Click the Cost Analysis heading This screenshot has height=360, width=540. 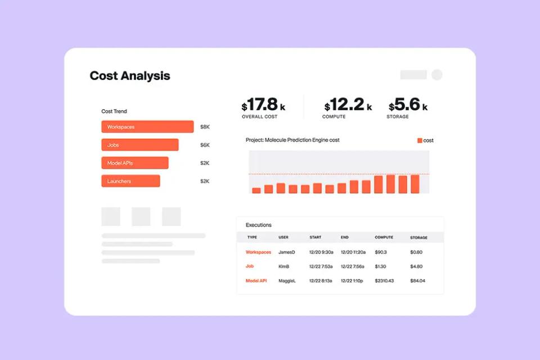[130, 76]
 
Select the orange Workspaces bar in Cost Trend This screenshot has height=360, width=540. [147, 127]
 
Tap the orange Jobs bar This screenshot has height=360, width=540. [140, 145]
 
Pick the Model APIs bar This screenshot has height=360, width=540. [134, 163]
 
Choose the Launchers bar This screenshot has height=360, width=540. [130, 181]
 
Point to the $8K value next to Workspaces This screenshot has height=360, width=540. [205, 127]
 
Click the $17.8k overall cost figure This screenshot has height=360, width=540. [263, 105]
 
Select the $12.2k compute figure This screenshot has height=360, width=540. [347, 105]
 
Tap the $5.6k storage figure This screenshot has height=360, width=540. [407, 105]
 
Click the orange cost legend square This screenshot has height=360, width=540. [420, 141]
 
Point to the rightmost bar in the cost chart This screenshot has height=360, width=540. [415, 184]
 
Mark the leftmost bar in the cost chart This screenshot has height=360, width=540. [256, 190]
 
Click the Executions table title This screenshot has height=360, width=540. [259, 225]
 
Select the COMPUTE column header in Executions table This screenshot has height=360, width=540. [384, 237]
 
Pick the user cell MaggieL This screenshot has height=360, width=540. [287, 281]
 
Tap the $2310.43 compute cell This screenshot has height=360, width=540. [385, 281]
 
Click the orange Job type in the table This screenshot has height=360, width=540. [250, 267]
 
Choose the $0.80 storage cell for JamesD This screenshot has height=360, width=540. [416, 253]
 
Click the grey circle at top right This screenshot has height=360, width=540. [436, 75]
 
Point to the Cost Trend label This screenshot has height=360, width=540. [114, 111]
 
